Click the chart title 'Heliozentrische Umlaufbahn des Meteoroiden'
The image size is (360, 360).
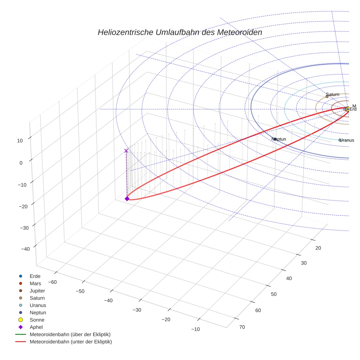180,32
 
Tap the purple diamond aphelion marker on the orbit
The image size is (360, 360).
127,199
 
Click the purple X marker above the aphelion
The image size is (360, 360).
126,151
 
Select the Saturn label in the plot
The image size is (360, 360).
333,94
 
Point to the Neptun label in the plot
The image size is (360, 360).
279,139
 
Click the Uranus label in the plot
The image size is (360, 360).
347,140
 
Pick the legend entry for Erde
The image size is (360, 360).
35,276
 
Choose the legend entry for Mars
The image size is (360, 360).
35,283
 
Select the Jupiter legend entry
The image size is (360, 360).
37,290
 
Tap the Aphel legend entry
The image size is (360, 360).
36,327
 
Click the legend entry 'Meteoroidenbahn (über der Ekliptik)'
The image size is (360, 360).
70,334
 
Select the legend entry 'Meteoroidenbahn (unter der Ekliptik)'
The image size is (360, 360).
71,342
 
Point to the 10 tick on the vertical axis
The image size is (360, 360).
20,140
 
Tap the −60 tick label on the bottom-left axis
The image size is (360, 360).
52,282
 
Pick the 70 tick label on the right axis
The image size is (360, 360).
242,327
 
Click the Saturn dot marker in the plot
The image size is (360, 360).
327,97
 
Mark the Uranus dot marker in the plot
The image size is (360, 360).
340,140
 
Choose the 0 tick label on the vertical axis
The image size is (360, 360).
21,163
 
